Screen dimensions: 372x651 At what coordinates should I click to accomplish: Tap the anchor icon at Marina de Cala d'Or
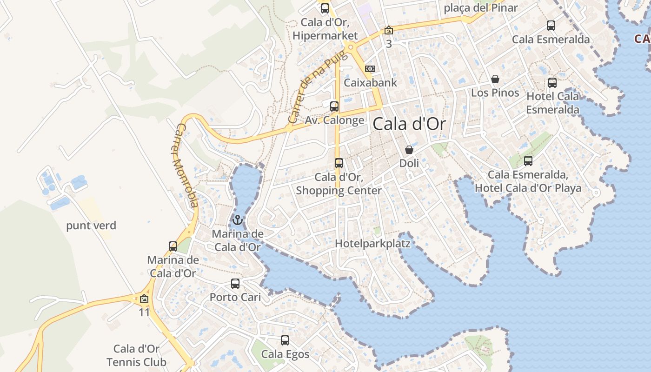tap(238, 219)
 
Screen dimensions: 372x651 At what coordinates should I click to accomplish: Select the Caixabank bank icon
tap(370, 69)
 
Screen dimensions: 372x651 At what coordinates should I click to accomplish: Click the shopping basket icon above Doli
tap(409, 150)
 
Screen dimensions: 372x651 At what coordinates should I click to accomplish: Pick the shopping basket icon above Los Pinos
tap(495, 79)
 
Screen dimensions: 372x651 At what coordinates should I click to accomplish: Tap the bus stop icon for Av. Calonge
tap(334, 106)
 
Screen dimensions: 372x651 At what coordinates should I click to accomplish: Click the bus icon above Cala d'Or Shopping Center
tap(339, 163)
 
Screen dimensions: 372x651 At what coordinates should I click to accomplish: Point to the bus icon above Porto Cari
tap(235, 283)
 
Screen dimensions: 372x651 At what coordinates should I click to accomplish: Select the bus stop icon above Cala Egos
tap(285, 340)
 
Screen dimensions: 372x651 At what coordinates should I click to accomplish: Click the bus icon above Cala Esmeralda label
tap(551, 26)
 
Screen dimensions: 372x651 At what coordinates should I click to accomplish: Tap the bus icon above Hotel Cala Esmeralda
tap(552, 83)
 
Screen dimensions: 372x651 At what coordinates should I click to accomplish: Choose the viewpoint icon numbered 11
tap(144, 299)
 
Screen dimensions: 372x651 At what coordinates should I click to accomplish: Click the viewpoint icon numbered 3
tap(389, 31)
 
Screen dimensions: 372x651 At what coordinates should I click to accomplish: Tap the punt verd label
tap(91, 226)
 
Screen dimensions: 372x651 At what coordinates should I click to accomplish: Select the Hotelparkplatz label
tap(372, 243)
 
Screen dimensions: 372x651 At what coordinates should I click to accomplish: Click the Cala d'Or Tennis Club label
tap(136, 355)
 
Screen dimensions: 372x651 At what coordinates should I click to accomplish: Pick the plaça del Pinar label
tap(481, 7)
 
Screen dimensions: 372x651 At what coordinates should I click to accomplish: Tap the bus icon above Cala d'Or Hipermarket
tap(325, 8)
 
